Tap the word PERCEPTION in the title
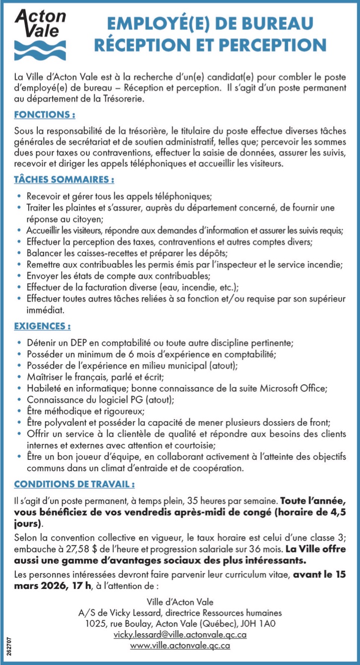click(270, 45)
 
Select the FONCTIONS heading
click(45, 115)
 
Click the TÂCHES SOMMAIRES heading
click(65, 178)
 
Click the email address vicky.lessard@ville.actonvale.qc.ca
click(180, 634)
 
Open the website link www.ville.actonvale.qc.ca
click(180, 646)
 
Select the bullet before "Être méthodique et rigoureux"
click(19, 412)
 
